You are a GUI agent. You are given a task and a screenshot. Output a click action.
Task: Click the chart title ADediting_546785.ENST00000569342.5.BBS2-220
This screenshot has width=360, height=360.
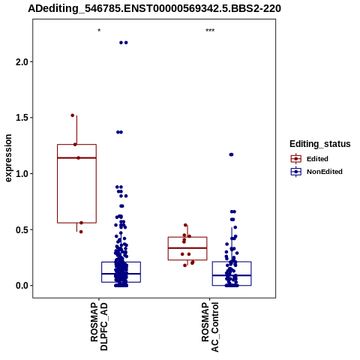click(x=154, y=8)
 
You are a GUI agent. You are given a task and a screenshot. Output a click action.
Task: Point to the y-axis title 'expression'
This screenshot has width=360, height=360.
click(x=8, y=158)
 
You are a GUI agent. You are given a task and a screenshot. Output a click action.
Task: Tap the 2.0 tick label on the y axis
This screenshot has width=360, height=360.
click(x=22, y=61)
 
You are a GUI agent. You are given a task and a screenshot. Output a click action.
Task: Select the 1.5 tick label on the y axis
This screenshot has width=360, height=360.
click(x=22, y=118)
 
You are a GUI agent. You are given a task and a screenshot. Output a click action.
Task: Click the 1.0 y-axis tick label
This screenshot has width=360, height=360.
click(x=22, y=174)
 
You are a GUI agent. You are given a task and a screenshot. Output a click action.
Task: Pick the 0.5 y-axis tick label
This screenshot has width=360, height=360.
click(x=22, y=229)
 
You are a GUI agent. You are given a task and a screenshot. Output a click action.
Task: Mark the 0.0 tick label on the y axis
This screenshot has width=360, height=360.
click(x=22, y=286)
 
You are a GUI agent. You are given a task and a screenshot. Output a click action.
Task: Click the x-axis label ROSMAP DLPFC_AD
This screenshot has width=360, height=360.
click(x=99, y=326)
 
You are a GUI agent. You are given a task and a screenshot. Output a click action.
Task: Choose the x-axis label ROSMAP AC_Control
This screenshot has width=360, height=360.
click(x=210, y=327)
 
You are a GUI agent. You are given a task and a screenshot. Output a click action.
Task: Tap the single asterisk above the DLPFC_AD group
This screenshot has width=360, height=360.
click(x=99, y=31)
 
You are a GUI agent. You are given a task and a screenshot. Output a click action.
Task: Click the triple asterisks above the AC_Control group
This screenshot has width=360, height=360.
click(x=210, y=31)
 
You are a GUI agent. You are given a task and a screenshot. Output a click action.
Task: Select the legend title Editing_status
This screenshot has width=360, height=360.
click(x=320, y=144)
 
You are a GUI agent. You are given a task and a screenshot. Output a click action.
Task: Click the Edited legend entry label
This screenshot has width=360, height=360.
click(x=317, y=159)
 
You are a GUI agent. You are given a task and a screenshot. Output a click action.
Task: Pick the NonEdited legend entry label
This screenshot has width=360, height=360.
click(x=325, y=172)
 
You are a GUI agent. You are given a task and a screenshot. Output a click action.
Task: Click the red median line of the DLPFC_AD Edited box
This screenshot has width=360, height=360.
click(x=76, y=157)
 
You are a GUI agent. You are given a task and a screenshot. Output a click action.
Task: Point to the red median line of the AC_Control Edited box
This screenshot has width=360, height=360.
click(x=187, y=248)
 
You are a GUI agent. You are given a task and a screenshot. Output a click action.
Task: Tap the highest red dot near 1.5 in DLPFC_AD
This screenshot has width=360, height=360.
click(x=73, y=115)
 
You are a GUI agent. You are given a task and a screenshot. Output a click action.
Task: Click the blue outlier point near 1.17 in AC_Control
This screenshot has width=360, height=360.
click(x=231, y=154)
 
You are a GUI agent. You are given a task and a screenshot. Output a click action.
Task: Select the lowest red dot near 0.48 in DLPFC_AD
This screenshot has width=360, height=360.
click(x=81, y=232)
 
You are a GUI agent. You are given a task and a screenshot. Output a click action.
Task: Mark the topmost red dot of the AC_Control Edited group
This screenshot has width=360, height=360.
click(x=185, y=225)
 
